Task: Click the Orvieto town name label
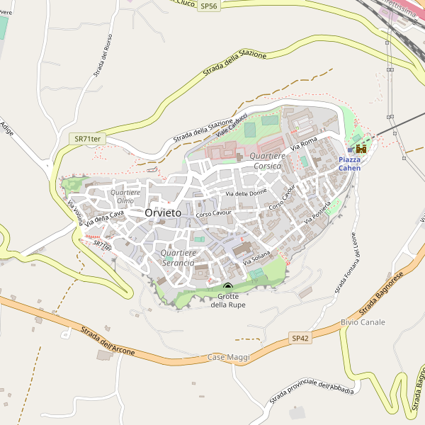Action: click(x=162, y=212)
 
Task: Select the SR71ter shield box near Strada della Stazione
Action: click(x=84, y=140)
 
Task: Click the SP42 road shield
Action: click(x=300, y=339)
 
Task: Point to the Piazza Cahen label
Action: click(x=349, y=164)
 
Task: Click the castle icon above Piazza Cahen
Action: click(x=361, y=148)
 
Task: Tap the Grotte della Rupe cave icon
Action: click(x=228, y=287)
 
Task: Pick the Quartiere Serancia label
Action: click(x=177, y=258)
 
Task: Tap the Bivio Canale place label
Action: click(x=363, y=322)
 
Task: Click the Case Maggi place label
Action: click(x=229, y=358)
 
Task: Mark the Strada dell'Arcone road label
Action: click(x=108, y=339)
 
